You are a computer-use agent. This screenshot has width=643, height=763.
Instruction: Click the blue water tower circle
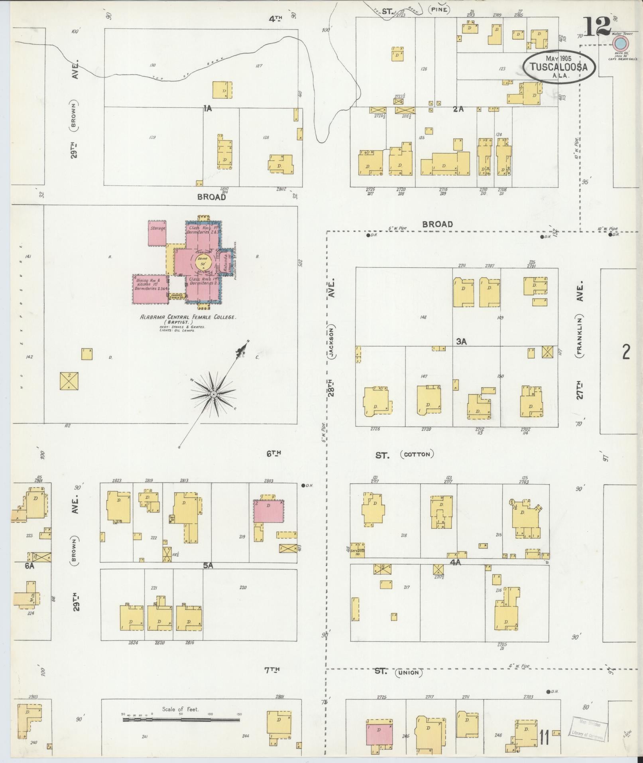(621, 43)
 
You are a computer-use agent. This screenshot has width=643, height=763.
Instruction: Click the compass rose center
(214, 394)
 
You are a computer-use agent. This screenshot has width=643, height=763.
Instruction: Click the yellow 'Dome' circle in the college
(203, 263)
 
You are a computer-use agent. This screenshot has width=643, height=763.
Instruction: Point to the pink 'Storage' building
(157, 233)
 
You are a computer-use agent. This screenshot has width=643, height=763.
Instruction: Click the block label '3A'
(461, 341)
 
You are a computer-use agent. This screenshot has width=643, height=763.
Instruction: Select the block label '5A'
(208, 565)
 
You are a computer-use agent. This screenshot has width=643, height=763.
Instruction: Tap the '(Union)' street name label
(409, 673)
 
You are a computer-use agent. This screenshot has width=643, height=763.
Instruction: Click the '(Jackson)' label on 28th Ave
(332, 339)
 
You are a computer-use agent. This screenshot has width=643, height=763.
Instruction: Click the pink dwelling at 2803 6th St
(269, 511)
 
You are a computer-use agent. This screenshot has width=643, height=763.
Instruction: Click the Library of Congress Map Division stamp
(588, 728)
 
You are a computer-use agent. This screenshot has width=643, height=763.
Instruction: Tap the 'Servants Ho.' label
(358, 550)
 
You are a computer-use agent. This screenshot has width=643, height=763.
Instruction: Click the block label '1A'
(207, 108)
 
